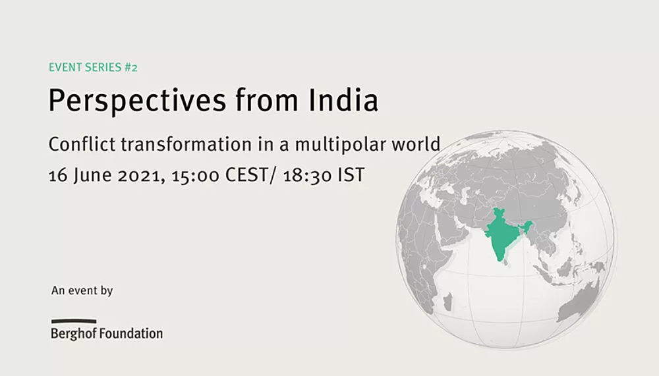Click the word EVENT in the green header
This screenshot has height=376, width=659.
click(x=64, y=67)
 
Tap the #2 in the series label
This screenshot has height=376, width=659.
click(x=130, y=67)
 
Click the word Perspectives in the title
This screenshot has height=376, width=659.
click(x=138, y=101)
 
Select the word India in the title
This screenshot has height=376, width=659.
click(x=343, y=99)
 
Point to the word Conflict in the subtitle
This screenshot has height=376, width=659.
click(x=82, y=144)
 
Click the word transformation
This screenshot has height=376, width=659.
click(x=186, y=144)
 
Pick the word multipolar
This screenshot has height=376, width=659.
click(x=340, y=145)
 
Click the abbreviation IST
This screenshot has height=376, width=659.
click(x=351, y=175)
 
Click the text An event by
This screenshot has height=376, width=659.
click(x=82, y=290)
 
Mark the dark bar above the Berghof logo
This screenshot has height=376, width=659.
click(x=74, y=321)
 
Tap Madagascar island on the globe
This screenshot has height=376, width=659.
click(x=447, y=302)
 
